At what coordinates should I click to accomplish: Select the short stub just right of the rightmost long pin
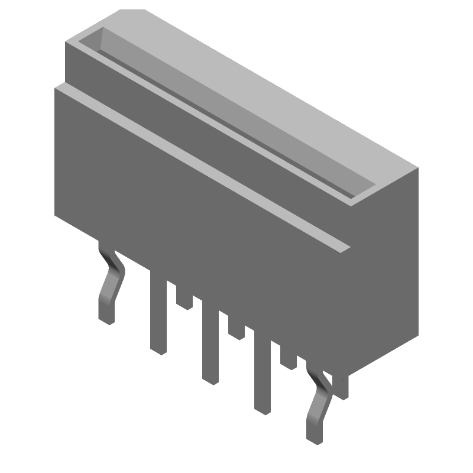click(x=289, y=358)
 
